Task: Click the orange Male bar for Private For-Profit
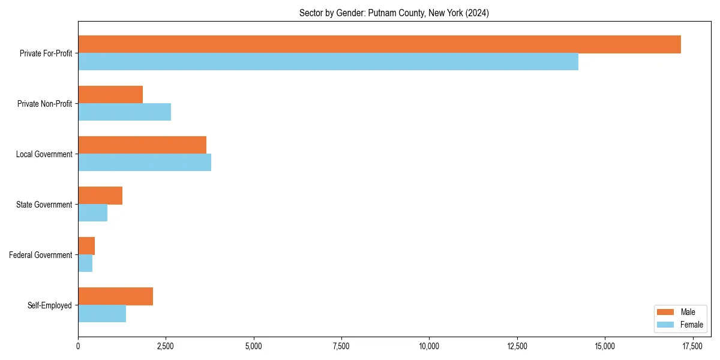(x=379, y=44)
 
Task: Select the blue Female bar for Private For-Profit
(x=328, y=62)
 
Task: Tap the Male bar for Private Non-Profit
(x=110, y=95)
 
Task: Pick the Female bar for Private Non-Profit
(x=125, y=112)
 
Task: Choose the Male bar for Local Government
(x=142, y=145)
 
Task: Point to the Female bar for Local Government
(x=145, y=163)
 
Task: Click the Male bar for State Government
(x=100, y=196)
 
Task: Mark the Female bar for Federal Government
(x=85, y=263)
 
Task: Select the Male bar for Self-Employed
(x=115, y=296)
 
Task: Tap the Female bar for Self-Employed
(x=102, y=314)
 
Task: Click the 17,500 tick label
(x=692, y=346)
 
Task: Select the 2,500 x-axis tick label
(x=166, y=346)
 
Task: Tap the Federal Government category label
(x=41, y=255)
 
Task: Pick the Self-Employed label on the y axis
(x=50, y=305)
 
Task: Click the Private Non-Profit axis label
(x=44, y=104)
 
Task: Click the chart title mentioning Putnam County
(x=394, y=13)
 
